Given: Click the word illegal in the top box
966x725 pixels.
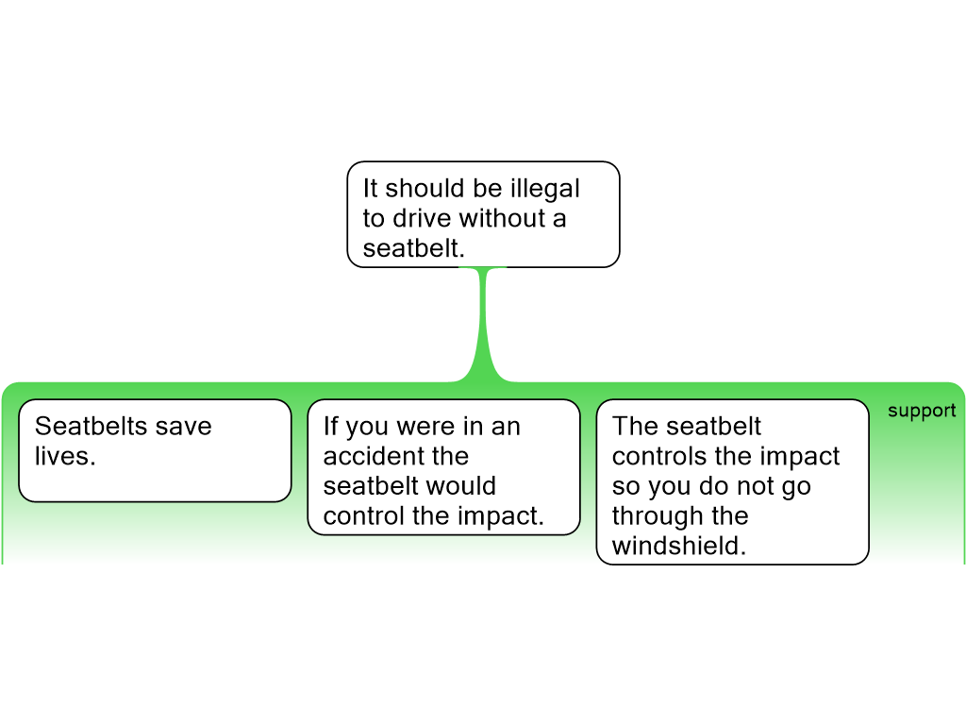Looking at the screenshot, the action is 545,189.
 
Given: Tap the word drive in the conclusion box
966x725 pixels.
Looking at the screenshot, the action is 422,218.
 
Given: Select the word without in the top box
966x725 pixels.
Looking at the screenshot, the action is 502,218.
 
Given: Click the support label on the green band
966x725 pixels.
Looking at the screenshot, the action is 922,412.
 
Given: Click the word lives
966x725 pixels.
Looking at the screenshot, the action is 65,456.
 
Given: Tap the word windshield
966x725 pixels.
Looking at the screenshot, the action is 679,546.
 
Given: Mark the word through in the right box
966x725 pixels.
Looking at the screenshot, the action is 658,516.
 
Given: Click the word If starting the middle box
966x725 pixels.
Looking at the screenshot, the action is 331,426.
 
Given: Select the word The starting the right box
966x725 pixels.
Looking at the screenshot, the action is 635,426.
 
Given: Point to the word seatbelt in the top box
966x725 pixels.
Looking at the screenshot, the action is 413,248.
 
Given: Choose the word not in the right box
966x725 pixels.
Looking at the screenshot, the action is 756,486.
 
